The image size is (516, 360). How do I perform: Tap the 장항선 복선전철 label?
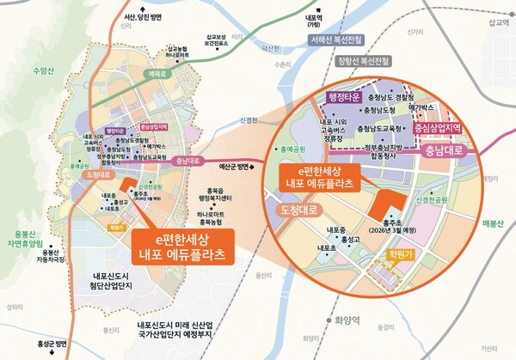click(x=364, y=60)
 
